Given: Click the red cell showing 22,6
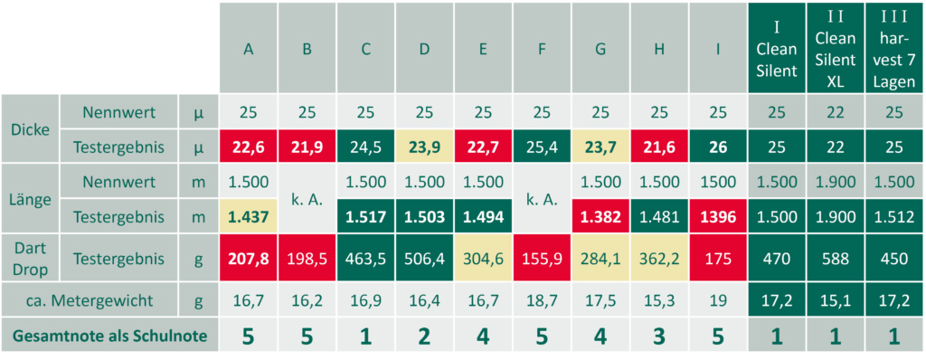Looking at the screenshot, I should pyautogui.click(x=248, y=145).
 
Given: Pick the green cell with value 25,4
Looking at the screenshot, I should pyautogui.click(x=542, y=145).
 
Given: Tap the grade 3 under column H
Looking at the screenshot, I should pyautogui.click(x=659, y=336).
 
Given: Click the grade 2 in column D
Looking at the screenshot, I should pyautogui.click(x=424, y=336).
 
